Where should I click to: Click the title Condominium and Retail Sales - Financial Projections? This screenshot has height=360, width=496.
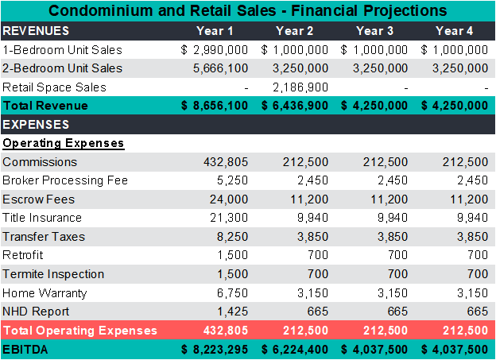pos(248,11)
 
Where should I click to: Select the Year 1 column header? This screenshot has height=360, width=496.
pos(215,31)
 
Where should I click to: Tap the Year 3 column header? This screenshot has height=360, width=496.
pos(374,31)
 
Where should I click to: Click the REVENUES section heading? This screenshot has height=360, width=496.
pos(36,31)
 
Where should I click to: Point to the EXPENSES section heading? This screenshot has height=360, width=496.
pos(36,125)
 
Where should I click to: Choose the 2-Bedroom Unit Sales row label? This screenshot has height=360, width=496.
pos(63,68)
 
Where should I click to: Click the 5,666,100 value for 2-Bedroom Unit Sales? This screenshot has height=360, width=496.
pos(220,68)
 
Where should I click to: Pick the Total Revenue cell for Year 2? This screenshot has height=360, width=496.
pos(295,106)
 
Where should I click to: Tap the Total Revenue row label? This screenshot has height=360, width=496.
pos(45,106)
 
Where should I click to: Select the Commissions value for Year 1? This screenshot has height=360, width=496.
pos(225,162)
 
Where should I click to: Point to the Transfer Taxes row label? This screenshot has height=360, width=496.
pos(44,237)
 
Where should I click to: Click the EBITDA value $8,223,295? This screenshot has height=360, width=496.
pos(215,349)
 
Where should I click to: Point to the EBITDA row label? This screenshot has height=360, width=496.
pos(25,349)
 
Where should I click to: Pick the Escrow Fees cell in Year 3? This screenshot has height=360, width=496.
pos(390,199)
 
